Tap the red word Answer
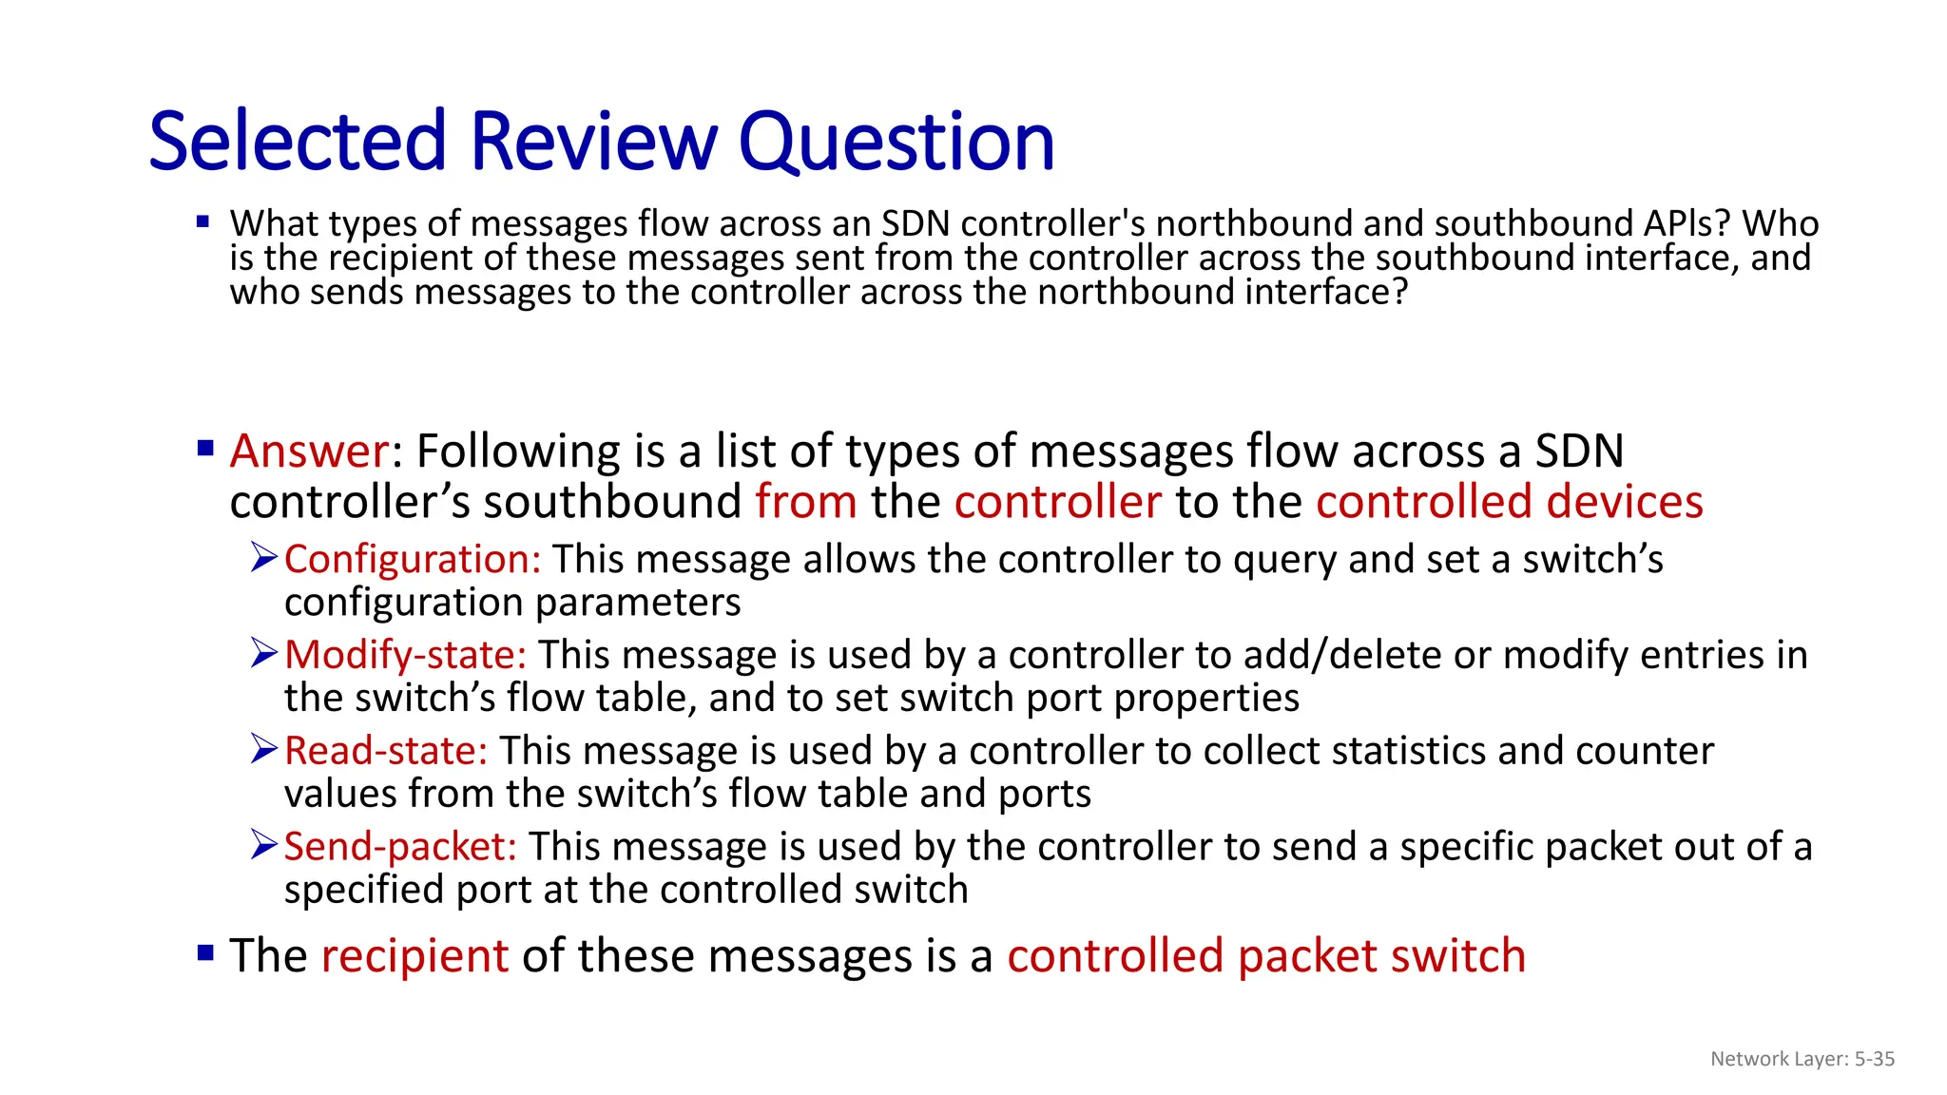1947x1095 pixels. (309, 451)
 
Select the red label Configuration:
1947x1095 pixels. (413, 559)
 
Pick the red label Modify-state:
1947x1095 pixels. (405, 655)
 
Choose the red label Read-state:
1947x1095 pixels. (386, 751)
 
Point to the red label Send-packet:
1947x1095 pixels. (400, 846)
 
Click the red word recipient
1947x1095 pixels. (414, 955)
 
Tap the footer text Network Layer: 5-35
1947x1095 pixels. (1802, 1059)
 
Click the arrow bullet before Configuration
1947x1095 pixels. (263, 557)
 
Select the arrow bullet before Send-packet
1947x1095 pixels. (263, 844)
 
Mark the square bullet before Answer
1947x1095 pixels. (205, 448)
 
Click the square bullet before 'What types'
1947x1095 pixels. (202, 222)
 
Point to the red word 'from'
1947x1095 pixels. (806, 502)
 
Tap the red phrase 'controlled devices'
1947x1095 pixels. (1509, 502)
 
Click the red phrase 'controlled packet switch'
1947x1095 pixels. (1265, 955)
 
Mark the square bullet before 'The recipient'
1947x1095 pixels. (205, 951)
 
